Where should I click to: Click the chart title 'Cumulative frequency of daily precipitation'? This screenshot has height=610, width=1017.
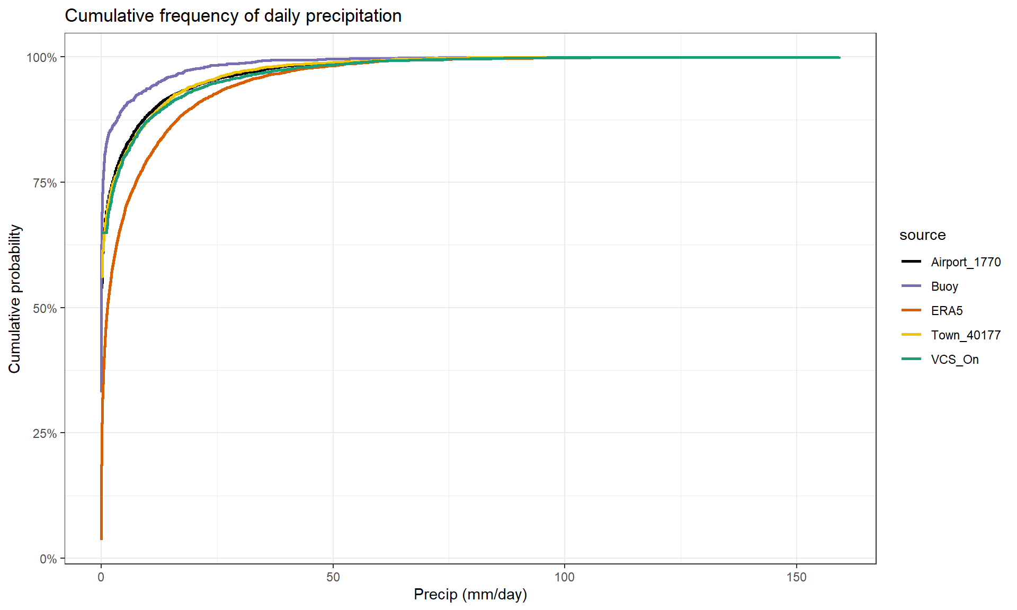point(233,16)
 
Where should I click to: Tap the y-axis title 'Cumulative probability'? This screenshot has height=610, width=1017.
point(15,299)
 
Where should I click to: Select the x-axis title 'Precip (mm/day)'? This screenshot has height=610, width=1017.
point(470,594)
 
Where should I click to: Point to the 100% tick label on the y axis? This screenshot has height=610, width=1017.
point(42,57)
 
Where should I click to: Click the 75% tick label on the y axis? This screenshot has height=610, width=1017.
point(44,183)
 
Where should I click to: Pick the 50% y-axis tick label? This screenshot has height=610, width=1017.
point(44,309)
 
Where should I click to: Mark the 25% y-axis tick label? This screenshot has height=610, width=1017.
point(44,434)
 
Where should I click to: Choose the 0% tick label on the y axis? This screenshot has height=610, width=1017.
point(48,559)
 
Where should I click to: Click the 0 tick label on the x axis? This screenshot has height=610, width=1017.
point(101,577)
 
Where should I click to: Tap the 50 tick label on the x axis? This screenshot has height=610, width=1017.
point(333,577)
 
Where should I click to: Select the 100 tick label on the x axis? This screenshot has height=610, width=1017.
point(565,577)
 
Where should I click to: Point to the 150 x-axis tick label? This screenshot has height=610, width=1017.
point(797,577)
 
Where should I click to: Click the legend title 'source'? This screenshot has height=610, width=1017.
point(922,235)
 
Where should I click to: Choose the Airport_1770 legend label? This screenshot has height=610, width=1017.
point(966,262)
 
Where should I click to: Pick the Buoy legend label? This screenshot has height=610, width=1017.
point(944,286)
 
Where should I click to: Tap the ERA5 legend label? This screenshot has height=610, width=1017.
point(947,311)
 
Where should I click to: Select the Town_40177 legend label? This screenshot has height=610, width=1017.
point(966,335)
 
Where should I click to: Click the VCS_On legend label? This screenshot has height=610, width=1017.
point(954,360)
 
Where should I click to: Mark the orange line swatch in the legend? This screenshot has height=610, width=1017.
point(911,310)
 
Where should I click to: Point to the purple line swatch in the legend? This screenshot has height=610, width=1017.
point(911,286)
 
